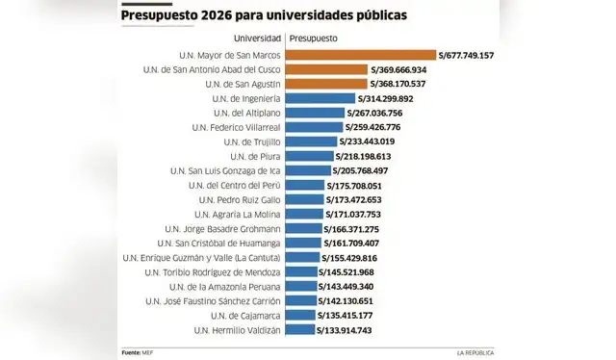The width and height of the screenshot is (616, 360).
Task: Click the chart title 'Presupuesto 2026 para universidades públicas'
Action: coord(263,16)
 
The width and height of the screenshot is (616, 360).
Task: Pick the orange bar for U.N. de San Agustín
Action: coord(326,84)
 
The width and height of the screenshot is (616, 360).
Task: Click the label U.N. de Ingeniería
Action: coord(237,98)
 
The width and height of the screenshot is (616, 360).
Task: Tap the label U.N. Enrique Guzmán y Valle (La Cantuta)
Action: coord(202,258)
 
